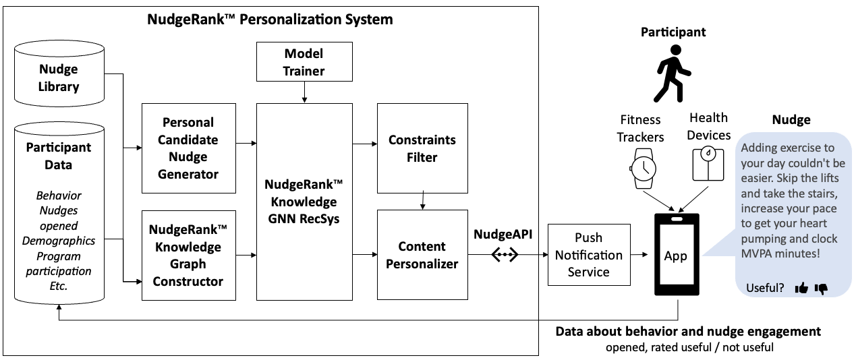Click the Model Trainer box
[x=304, y=62]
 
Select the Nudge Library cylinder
[x=59, y=78]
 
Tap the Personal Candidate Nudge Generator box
[x=188, y=148]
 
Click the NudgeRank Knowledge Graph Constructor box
[x=188, y=255]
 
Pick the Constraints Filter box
[x=422, y=148]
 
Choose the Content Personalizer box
[x=422, y=255]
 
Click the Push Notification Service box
[x=588, y=255]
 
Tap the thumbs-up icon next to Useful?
[x=801, y=289]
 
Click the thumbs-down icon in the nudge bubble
[x=821, y=289]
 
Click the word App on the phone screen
[x=676, y=256]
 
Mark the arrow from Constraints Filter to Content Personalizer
[x=422, y=200]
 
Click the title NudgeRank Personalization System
[x=270, y=19]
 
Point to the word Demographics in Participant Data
[x=59, y=241]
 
